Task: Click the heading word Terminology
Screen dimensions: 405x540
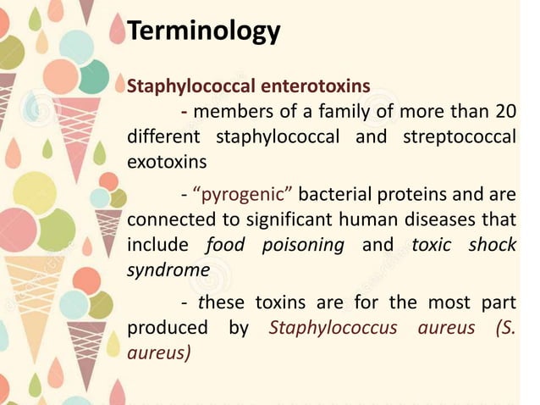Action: point(203,31)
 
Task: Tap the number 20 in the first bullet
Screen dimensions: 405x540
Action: point(505,113)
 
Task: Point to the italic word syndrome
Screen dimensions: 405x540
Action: point(168,269)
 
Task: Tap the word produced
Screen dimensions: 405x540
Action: point(166,328)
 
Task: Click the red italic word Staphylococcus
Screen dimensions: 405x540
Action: point(333,328)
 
